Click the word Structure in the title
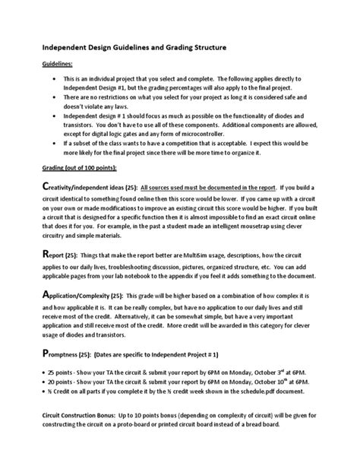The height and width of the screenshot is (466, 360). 204,48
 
